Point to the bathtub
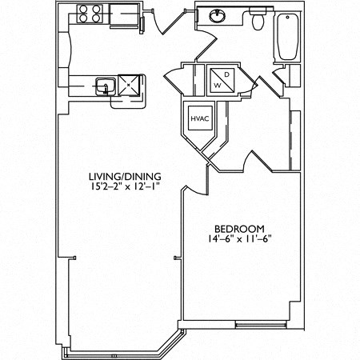pyautogui.click(x=286, y=37)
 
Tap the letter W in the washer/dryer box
pyautogui.click(x=217, y=83)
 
